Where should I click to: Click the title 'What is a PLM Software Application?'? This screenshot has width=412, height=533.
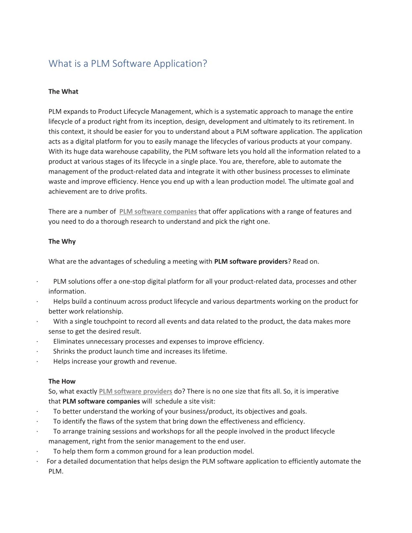(x=128, y=64)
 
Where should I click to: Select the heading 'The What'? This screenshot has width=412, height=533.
(x=63, y=91)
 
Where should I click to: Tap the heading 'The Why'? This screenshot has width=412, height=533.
(x=62, y=241)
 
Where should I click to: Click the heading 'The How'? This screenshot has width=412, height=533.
(x=62, y=381)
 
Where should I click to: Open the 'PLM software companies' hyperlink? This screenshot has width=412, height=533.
(x=158, y=212)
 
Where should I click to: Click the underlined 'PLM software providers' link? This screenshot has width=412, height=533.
(x=136, y=391)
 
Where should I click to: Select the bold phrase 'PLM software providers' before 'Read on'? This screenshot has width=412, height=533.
(x=251, y=261)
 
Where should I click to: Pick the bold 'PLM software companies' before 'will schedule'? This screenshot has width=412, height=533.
(x=101, y=401)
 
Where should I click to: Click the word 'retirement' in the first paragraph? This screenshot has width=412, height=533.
(x=330, y=121)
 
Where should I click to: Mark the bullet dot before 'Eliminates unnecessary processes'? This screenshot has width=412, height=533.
(x=37, y=342)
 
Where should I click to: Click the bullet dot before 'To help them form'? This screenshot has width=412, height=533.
(x=37, y=451)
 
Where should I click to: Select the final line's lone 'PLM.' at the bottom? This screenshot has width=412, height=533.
(x=56, y=471)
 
